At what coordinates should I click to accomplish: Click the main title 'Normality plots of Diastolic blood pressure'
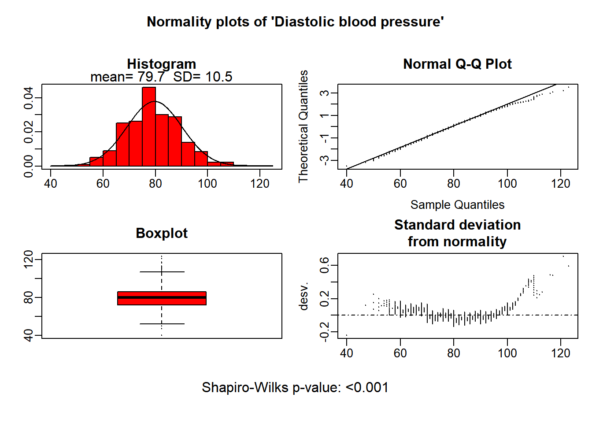pos(295,22)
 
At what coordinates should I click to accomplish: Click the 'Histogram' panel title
pos(161,64)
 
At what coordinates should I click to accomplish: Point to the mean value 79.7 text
pos(151,77)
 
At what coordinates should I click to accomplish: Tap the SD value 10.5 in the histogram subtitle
pos(219,77)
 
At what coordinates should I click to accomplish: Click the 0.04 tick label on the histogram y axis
pos(29,98)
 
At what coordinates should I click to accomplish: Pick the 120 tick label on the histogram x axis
pos(260,183)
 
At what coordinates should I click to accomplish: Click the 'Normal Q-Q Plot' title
pos(457,64)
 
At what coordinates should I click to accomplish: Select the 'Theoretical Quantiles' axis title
pos(303,126)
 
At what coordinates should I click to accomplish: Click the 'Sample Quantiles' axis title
pos(457,204)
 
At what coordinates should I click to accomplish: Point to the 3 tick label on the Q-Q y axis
pos(325,93)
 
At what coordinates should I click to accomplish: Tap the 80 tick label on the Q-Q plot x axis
pos(454,183)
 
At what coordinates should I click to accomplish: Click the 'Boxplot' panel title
pos(162,233)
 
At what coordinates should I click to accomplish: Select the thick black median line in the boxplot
pos(162,297)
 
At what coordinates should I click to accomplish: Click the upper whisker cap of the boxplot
pos(162,272)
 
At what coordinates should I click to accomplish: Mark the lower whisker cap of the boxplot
pos(162,324)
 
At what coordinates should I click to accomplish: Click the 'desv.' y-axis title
pos(303,296)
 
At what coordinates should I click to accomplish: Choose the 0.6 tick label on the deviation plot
pos(325,265)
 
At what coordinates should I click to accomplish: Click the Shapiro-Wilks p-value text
pos(295,387)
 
